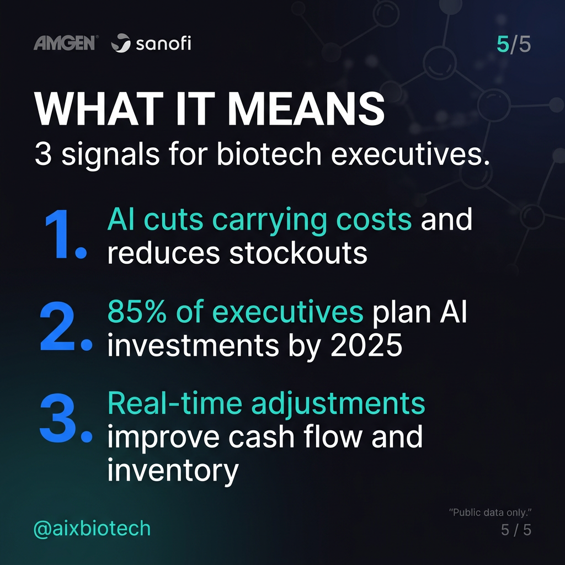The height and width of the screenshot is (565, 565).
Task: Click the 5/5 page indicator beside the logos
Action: pyautogui.click(x=514, y=44)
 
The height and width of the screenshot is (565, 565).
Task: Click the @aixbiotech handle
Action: pyautogui.click(x=92, y=528)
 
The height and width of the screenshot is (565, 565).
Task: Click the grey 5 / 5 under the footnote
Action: pyautogui.click(x=516, y=530)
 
